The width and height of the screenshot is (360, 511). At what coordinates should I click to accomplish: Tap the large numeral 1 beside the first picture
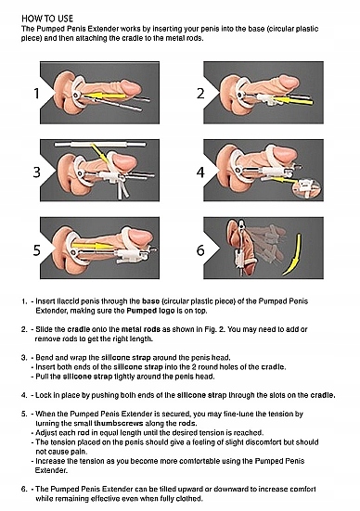(35, 92)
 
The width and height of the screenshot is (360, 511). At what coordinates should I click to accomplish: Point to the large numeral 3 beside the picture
(35, 171)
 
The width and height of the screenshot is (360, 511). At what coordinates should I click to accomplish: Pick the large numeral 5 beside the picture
(35, 251)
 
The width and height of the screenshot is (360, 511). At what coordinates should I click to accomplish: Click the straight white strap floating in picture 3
(97, 146)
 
